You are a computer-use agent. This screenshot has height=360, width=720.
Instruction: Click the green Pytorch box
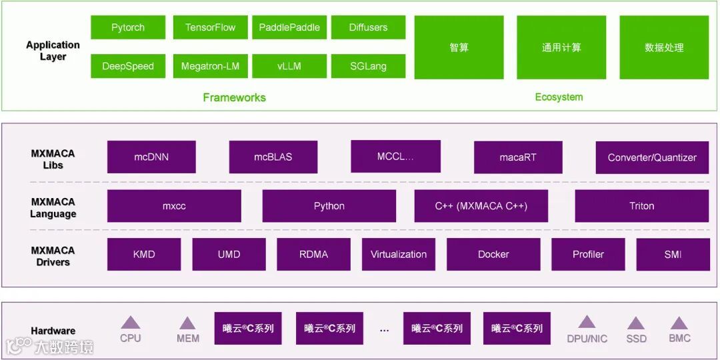pos(128,27)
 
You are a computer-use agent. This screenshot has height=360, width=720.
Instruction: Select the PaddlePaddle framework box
pos(289,27)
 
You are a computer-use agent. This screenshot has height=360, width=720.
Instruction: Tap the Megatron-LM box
pos(210,66)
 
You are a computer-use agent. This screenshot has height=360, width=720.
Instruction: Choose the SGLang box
pos(368,66)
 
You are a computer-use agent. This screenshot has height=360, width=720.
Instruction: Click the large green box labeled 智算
pos(459,47)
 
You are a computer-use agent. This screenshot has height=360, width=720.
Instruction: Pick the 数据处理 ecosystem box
pos(664,47)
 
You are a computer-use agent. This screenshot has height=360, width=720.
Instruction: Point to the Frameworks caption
pos(234,97)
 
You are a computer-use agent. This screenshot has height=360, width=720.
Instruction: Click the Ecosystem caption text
pos(559,97)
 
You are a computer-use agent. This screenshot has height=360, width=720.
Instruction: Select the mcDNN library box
pos(151,157)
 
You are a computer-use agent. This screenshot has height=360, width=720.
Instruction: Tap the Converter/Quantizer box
pos(652,157)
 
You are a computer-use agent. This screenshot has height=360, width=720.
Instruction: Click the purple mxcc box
pos(174,206)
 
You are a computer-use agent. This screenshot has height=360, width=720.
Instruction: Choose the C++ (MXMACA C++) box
pos(481,206)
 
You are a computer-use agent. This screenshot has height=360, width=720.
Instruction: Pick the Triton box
pos(641,206)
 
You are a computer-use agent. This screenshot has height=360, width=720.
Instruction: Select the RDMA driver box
pos(313,254)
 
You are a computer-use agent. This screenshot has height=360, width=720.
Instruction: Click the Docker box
pos(493,254)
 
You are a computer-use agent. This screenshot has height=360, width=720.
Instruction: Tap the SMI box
pos(673,254)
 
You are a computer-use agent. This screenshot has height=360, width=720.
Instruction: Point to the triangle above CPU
pos(131,323)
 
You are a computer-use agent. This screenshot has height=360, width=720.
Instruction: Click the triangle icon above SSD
pos(636,323)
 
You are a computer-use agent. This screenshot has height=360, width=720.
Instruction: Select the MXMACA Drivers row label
pos(53,256)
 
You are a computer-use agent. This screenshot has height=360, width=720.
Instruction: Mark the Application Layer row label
pos(53,51)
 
